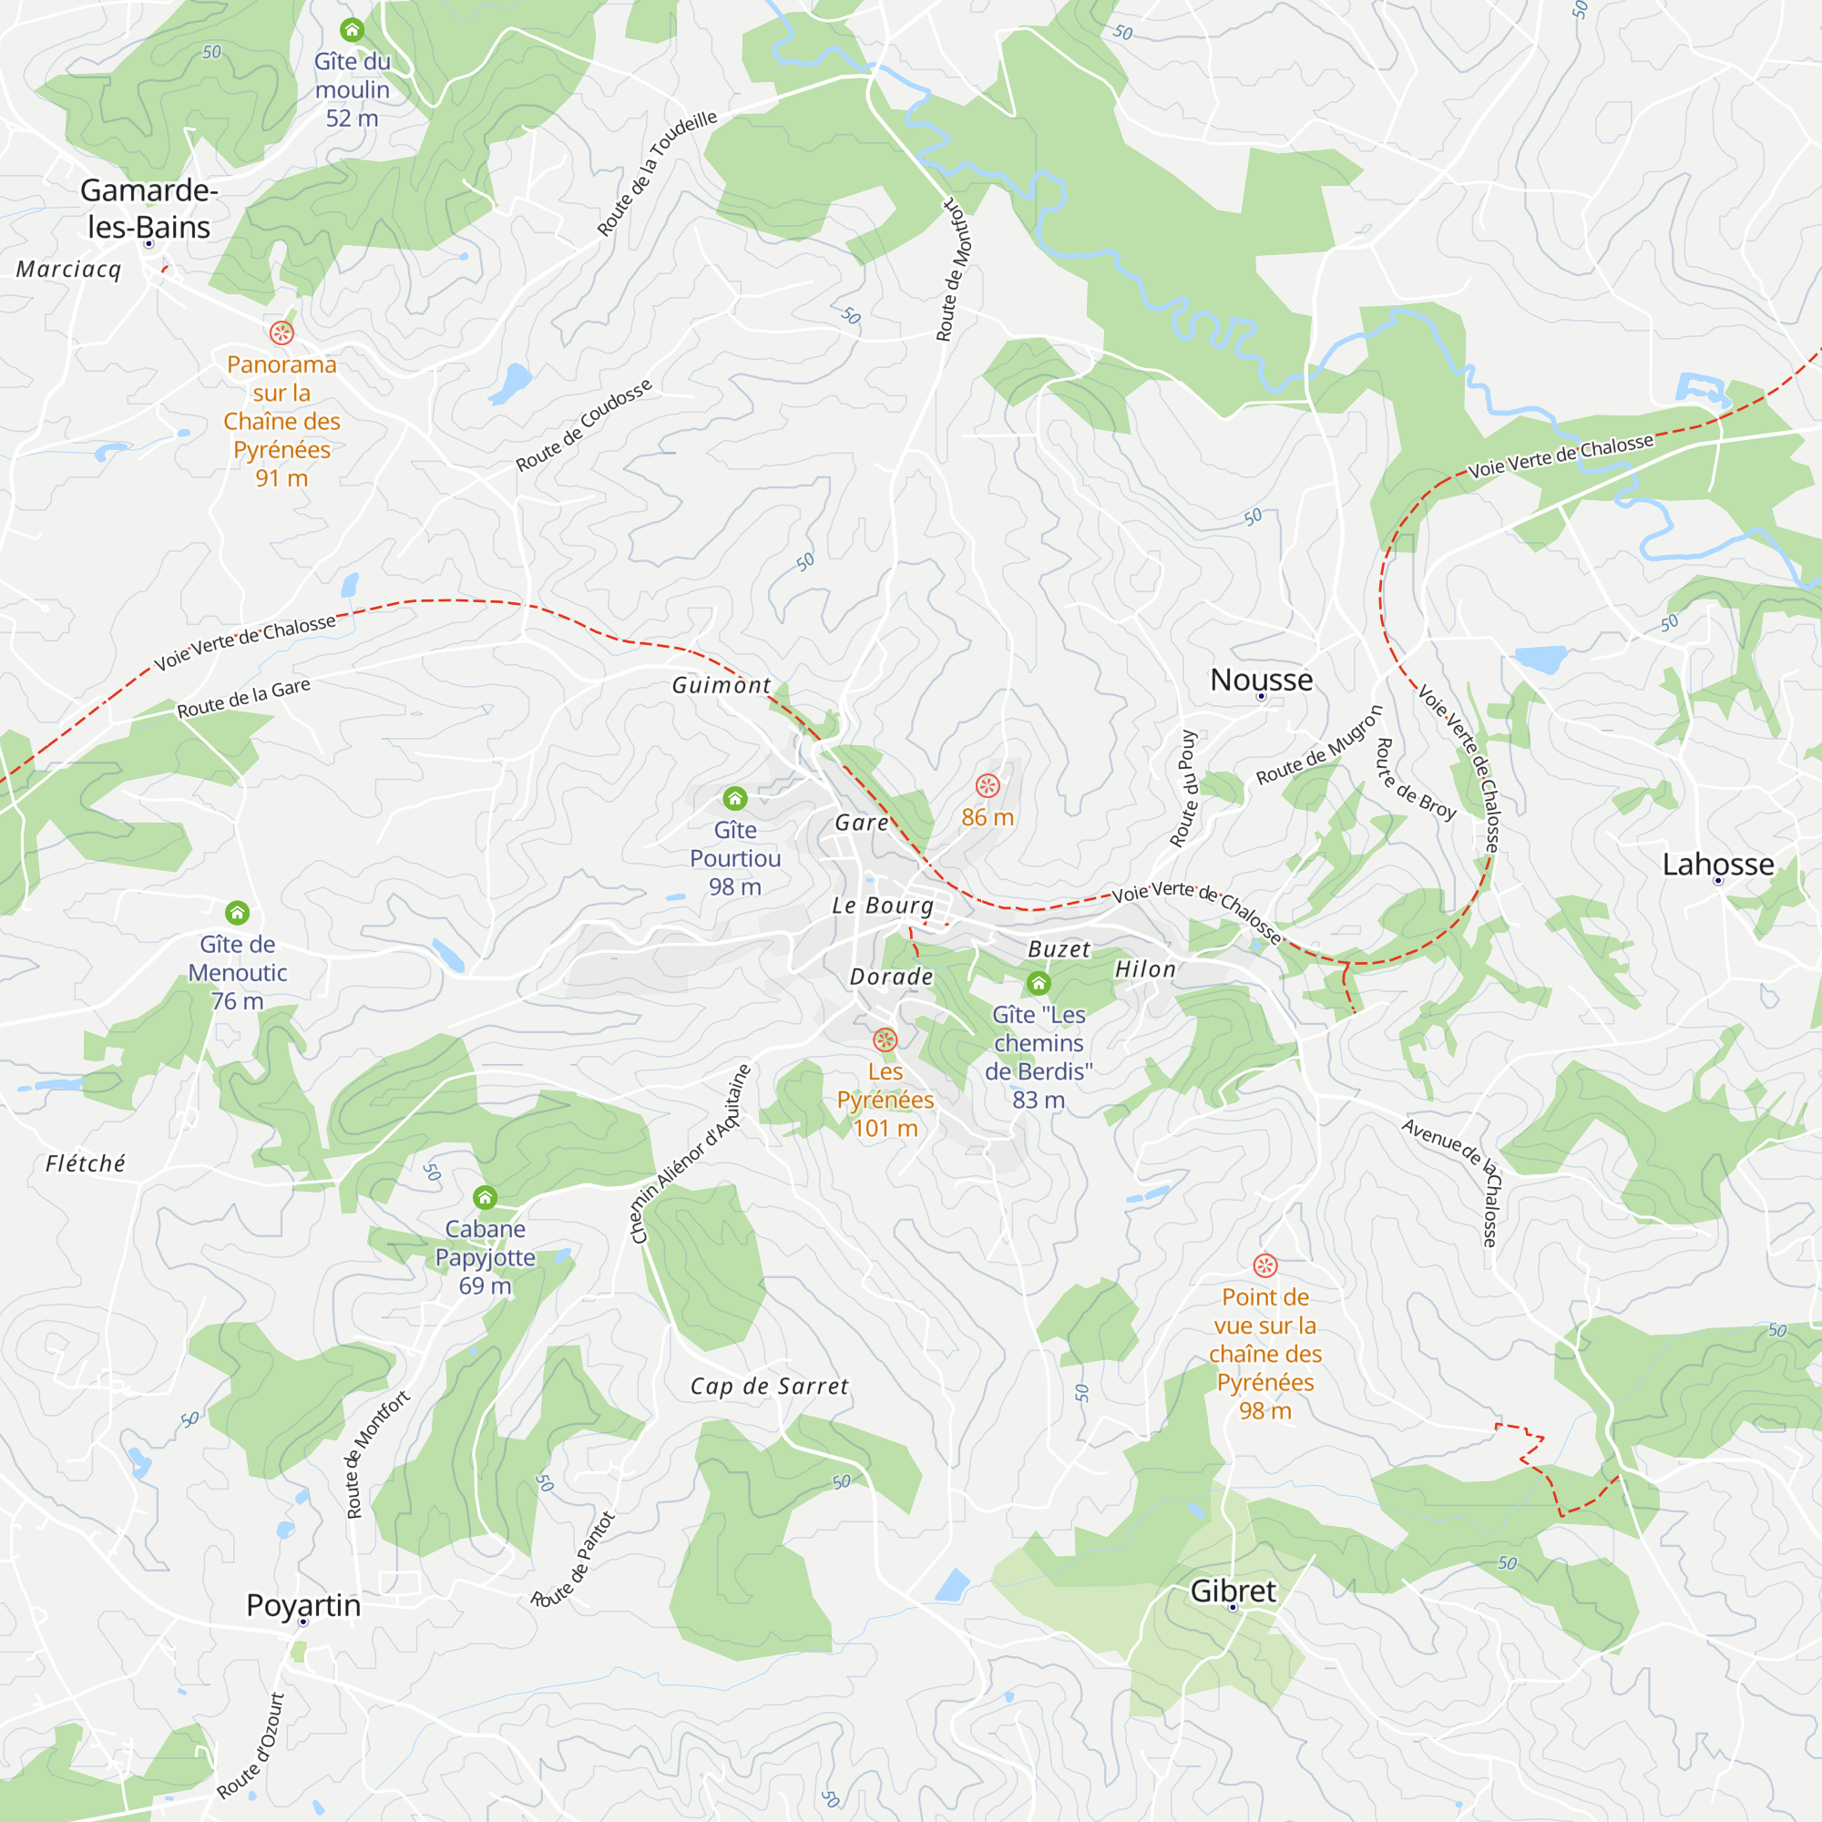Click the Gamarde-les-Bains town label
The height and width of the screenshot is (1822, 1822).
(x=149, y=209)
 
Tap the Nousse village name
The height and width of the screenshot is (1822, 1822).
(x=1261, y=680)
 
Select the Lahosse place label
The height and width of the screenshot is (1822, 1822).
(x=1717, y=864)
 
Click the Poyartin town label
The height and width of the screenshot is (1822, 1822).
(x=302, y=1605)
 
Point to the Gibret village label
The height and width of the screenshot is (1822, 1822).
(x=1233, y=1591)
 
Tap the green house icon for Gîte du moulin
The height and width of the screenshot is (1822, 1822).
(x=352, y=30)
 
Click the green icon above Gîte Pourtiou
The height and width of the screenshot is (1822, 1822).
(x=734, y=799)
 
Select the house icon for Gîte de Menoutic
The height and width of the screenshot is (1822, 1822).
(x=237, y=912)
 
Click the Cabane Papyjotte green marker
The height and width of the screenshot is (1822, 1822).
(x=485, y=1197)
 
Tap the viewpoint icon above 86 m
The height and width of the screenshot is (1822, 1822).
(x=988, y=785)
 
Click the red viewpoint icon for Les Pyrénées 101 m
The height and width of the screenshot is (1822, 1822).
(x=885, y=1039)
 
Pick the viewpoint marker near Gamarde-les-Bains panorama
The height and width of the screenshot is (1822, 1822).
(x=281, y=332)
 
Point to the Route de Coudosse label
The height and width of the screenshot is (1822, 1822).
(x=584, y=425)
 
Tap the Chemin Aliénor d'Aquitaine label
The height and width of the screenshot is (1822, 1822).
(x=691, y=1154)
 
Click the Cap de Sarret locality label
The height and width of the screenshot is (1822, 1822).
(x=769, y=1387)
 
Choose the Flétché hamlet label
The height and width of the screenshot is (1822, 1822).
(x=86, y=1163)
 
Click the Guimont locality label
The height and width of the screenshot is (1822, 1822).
(x=722, y=686)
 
